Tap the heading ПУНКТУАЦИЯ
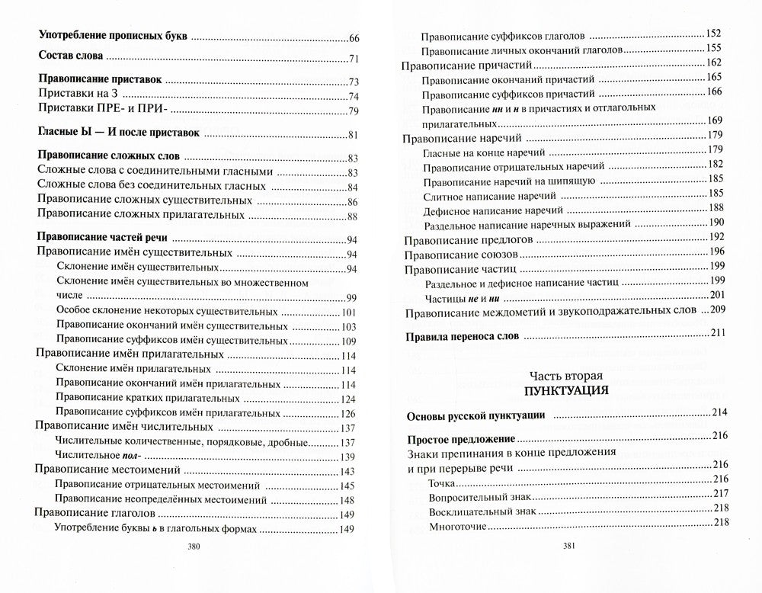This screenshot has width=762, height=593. (x=565, y=391)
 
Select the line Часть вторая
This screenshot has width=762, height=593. (x=565, y=375)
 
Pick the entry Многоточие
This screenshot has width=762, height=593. (x=457, y=525)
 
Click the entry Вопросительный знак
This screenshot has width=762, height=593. (x=479, y=495)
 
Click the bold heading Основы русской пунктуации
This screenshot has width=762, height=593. (x=474, y=416)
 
